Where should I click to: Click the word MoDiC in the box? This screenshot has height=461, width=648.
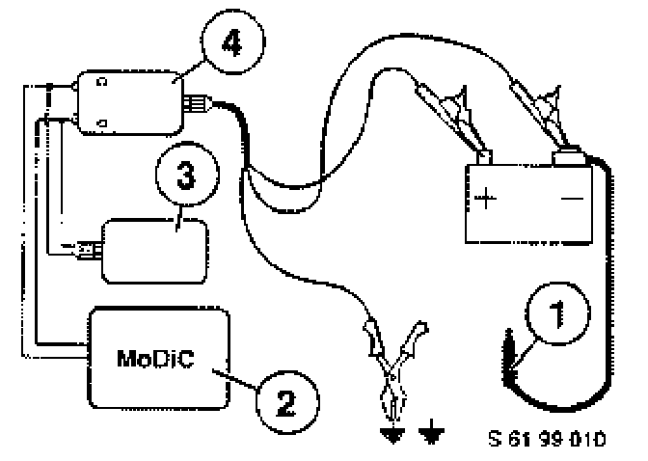point(157,358)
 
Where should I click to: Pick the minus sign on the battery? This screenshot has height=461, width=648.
point(573,200)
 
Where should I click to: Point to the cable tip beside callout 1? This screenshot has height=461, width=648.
point(509,347)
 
